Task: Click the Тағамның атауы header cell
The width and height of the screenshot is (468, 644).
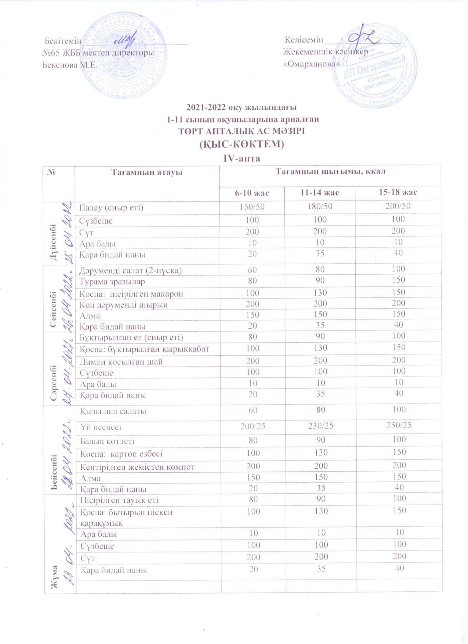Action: (x=147, y=172)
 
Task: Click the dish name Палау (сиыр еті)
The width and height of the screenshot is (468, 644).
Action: (x=111, y=208)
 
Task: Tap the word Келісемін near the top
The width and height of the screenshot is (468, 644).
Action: (x=304, y=40)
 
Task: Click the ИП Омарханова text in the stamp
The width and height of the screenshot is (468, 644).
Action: (x=374, y=67)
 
